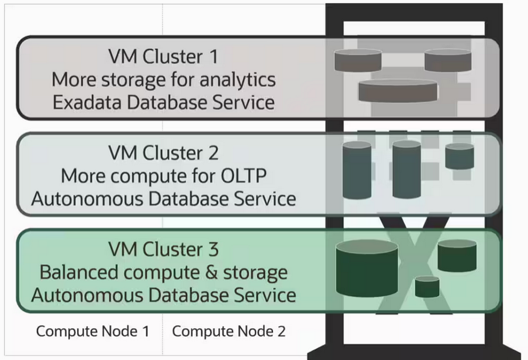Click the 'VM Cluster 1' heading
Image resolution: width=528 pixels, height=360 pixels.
pos(163,57)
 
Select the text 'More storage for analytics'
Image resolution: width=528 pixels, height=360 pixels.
pos(163,79)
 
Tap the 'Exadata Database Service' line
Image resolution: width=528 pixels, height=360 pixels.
pos(163,101)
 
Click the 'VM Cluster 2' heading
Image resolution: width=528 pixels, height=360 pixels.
pos(163,153)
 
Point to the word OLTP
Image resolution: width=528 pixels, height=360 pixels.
pos(243,175)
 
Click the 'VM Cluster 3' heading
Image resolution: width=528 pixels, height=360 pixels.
pos(163,250)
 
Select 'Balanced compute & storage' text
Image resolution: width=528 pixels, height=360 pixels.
pos(163,272)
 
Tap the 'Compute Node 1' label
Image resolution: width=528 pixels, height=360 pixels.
pos(92,331)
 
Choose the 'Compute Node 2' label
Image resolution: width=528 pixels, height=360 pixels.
pos(229,331)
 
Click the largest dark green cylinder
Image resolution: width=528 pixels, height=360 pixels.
pos(366,268)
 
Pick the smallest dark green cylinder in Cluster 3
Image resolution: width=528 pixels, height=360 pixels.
pos(427,287)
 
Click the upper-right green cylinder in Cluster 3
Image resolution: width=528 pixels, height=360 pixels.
pos(457,257)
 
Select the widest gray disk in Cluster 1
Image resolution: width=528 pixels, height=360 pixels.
pos(398,91)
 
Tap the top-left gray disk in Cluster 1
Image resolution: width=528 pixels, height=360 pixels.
pos(358,60)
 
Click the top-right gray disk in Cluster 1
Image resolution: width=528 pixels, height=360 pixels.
pos(447,60)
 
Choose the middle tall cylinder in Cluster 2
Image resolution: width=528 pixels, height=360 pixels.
pos(406,169)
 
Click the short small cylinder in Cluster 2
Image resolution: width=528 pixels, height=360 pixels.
pos(459,157)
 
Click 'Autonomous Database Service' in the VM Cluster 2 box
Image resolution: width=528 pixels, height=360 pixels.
pos(163,198)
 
